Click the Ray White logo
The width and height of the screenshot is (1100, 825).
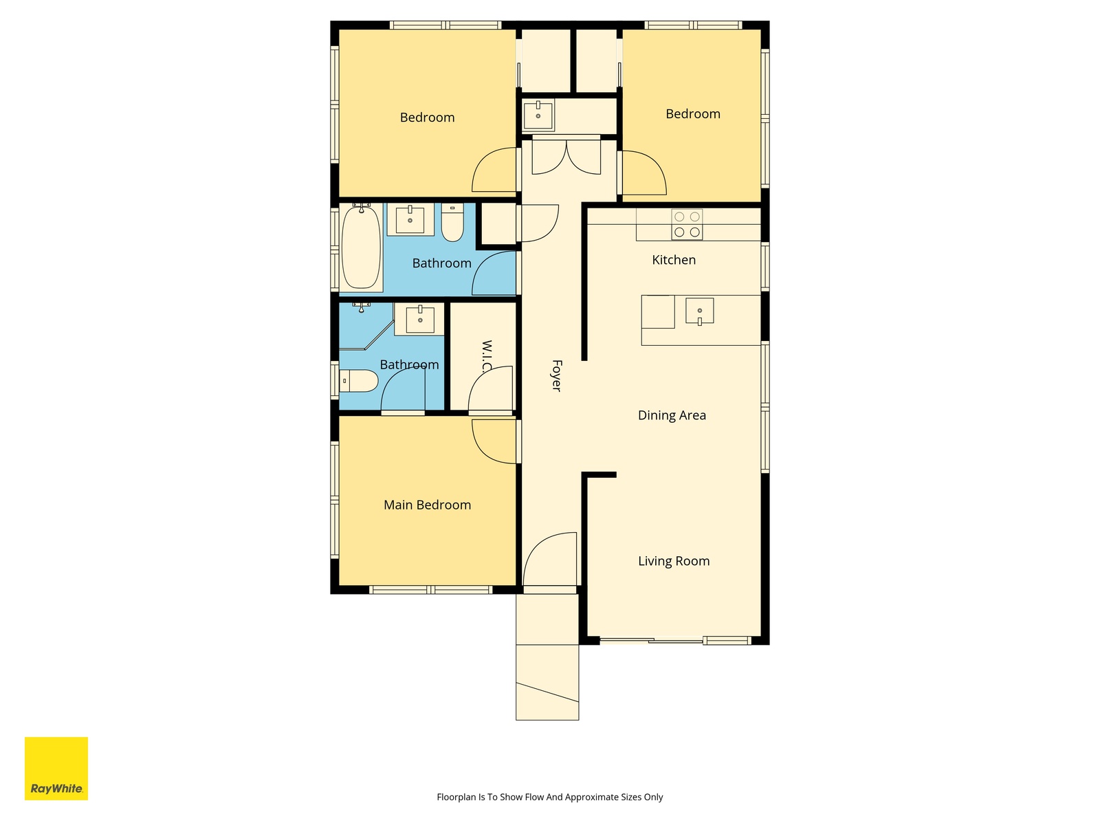tap(56, 769)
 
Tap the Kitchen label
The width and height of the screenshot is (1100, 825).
tap(674, 260)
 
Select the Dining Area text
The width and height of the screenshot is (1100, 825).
tap(672, 415)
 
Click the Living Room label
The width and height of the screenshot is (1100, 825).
tap(674, 561)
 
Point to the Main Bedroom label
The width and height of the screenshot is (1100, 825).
tap(427, 505)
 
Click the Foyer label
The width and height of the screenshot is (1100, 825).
tap(556, 375)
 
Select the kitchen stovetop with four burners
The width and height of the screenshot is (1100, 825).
tap(687, 224)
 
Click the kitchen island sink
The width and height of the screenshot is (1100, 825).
tap(700, 311)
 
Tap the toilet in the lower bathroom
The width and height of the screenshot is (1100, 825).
tap(358, 381)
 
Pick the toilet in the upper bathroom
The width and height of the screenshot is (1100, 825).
tap(452, 222)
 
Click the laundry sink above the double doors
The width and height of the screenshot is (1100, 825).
tap(538, 115)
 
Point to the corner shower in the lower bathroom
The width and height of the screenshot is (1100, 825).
tap(366, 326)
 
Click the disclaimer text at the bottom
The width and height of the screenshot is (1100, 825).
tap(550, 797)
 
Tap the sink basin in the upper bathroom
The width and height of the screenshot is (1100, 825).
tap(410, 219)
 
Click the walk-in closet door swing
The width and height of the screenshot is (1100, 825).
tap(491, 388)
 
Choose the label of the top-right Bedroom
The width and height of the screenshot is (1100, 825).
tap(692, 114)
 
